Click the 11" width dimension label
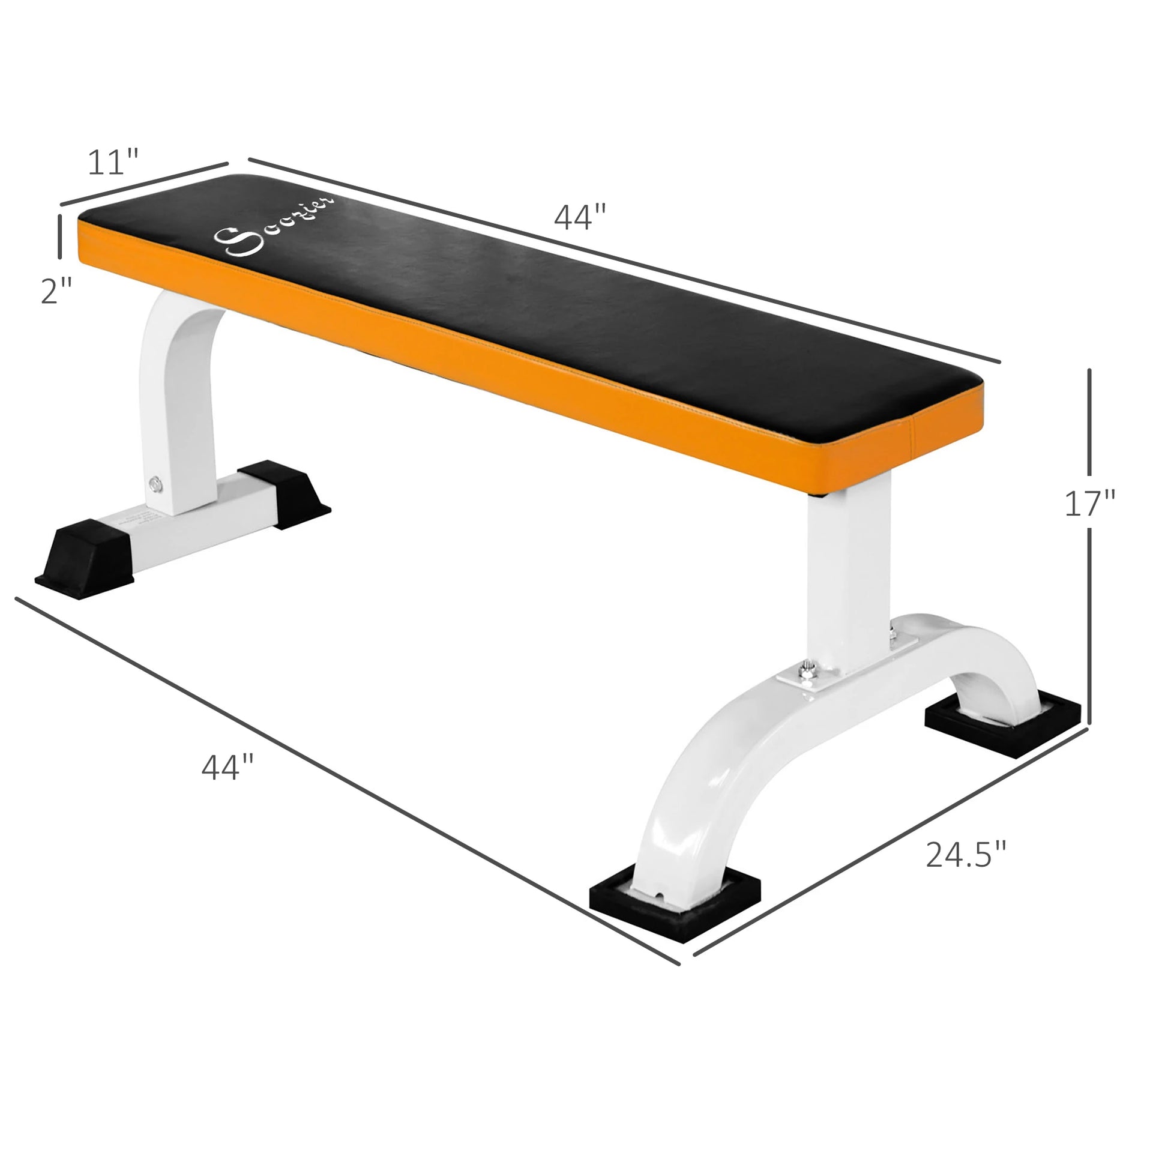click(x=113, y=162)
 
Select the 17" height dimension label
click(x=1090, y=504)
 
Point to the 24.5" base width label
click(x=966, y=855)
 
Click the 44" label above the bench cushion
click(x=579, y=217)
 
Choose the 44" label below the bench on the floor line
click(x=227, y=767)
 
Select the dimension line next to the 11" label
click(x=144, y=184)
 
